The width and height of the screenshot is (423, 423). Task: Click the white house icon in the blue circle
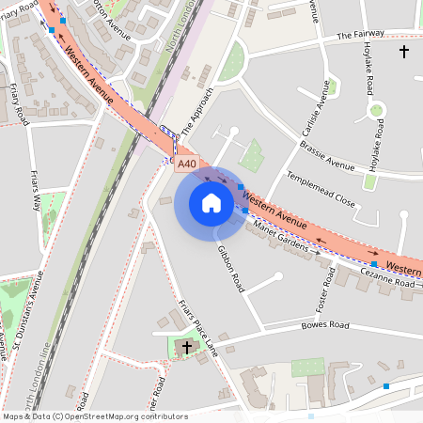click(x=211, y=203)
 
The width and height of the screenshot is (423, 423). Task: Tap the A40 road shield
click(x=187, y=164)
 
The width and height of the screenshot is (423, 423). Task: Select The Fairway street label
click(x=360, y=36)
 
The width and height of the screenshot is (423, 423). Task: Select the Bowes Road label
click(x=324, y=326)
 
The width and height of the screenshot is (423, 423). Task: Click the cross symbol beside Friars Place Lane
click(x=186, y=348)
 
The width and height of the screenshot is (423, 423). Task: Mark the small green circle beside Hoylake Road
click(x=376, y=111)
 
